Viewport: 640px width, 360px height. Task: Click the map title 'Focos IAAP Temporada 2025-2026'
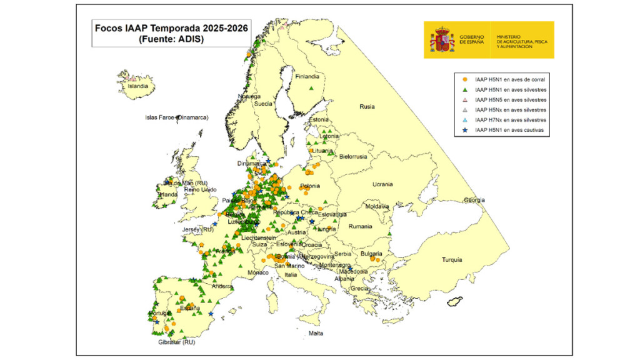[171, 28]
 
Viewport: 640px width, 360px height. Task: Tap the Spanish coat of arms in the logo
[442, 40]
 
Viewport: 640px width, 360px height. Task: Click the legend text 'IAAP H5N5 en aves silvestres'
[511, 100]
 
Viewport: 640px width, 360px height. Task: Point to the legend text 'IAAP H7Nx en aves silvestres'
[511, 120]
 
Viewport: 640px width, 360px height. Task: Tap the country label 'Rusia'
[367, 107]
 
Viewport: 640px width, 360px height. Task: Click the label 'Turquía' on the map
[452, 259]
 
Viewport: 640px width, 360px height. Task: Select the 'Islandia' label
[138, 87]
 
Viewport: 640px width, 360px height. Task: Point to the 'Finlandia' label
[307, 77]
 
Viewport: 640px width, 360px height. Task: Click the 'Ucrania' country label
[382, 184]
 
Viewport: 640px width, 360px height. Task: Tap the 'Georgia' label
[474, 200]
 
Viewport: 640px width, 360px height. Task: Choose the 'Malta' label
[316, 333]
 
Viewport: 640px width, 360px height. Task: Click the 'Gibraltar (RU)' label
[177, 342]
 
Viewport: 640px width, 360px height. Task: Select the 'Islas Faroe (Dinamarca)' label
[176, 117]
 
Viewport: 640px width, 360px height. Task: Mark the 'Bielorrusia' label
[354, 156]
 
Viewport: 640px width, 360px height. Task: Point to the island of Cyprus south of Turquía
[454, 302]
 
